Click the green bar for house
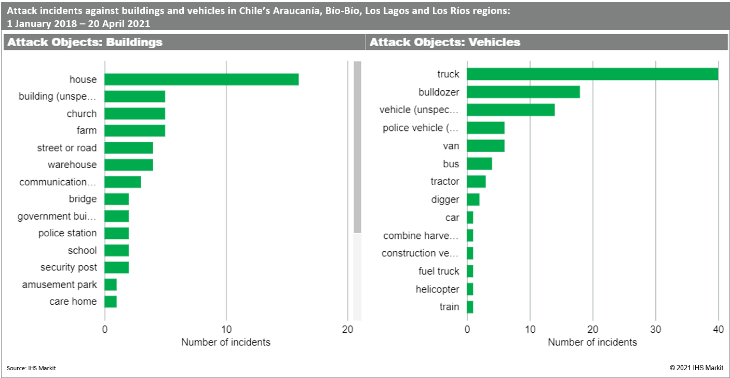pos(201,79)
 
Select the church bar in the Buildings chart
pos(135,114)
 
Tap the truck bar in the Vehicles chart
pos(592,74)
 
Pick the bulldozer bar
pos(523,92)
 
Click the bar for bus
pos(479,164)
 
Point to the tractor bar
pos(476,182)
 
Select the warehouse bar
pos(129,165)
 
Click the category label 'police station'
pos(67,233)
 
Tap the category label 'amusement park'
pos(59,285)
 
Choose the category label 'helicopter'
pos(437,289)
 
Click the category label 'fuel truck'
pos(439,271)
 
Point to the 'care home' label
pos(73,302)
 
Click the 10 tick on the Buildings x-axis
pos(226,329)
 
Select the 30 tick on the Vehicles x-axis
pos(656,329)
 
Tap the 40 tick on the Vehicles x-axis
pos(718,329)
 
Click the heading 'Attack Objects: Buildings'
pos(85,43)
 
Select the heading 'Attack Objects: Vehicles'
pos(445,43)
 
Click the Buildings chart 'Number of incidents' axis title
pos(226,342)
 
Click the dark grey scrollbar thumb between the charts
pos(357,147)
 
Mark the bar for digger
pos(473,199)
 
